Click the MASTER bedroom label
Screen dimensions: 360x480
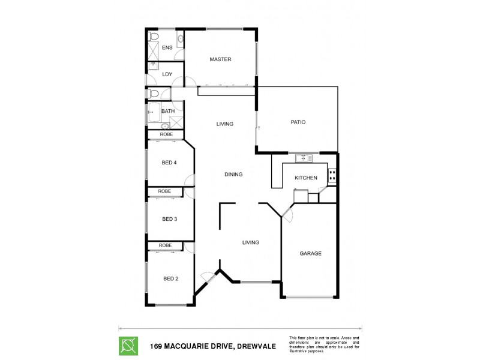click(220, 59)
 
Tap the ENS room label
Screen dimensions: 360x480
click(167, 47)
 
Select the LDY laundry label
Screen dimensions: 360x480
click(167, 74)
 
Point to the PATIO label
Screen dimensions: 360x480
click(298, 122)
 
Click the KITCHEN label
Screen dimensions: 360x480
click(305, 178)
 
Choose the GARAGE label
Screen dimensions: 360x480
click(310, 253)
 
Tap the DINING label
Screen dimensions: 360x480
click(233, 175)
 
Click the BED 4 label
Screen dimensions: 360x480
click(169, 163)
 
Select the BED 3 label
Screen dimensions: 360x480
click(169, 219)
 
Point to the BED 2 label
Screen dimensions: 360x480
click(170, 278)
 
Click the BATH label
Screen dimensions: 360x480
click(167, 111)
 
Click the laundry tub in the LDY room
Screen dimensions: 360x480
click(153, 67)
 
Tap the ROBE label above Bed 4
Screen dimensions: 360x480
click(166, 134)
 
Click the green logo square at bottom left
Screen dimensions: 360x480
click(128, 346)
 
